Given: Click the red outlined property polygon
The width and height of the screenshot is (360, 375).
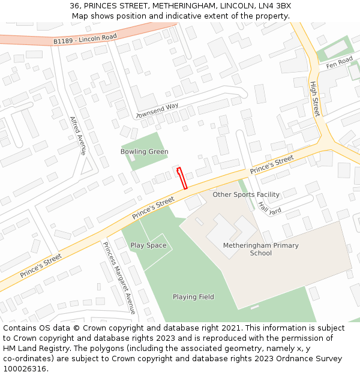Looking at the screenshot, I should (x=182, y=178).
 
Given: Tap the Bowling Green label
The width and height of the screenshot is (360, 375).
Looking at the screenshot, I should (x=144, y=152).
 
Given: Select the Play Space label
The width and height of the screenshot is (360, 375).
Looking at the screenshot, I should (x=148, y=245).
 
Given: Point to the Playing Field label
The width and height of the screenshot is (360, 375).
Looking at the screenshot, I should (x=193, y=297).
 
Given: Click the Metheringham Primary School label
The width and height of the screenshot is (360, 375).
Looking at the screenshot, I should (x=260, y=249).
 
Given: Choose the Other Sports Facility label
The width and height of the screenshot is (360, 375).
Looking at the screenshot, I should (x=246, y=194).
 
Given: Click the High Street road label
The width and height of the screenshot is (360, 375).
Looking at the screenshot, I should (x=314, y=99).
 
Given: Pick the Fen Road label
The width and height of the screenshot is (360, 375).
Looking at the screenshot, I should (x=340, y=62).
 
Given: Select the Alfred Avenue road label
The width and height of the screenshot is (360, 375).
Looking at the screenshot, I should (x=78, y=136).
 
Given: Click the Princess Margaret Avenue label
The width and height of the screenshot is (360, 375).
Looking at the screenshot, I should (x=119, y=278).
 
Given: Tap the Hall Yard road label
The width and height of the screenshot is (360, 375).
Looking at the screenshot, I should (x=269, y=208).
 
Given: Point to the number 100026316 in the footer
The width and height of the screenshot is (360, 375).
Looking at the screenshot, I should (x=25, y=369).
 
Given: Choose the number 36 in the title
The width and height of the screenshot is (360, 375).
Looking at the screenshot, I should (x=74, y=6).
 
